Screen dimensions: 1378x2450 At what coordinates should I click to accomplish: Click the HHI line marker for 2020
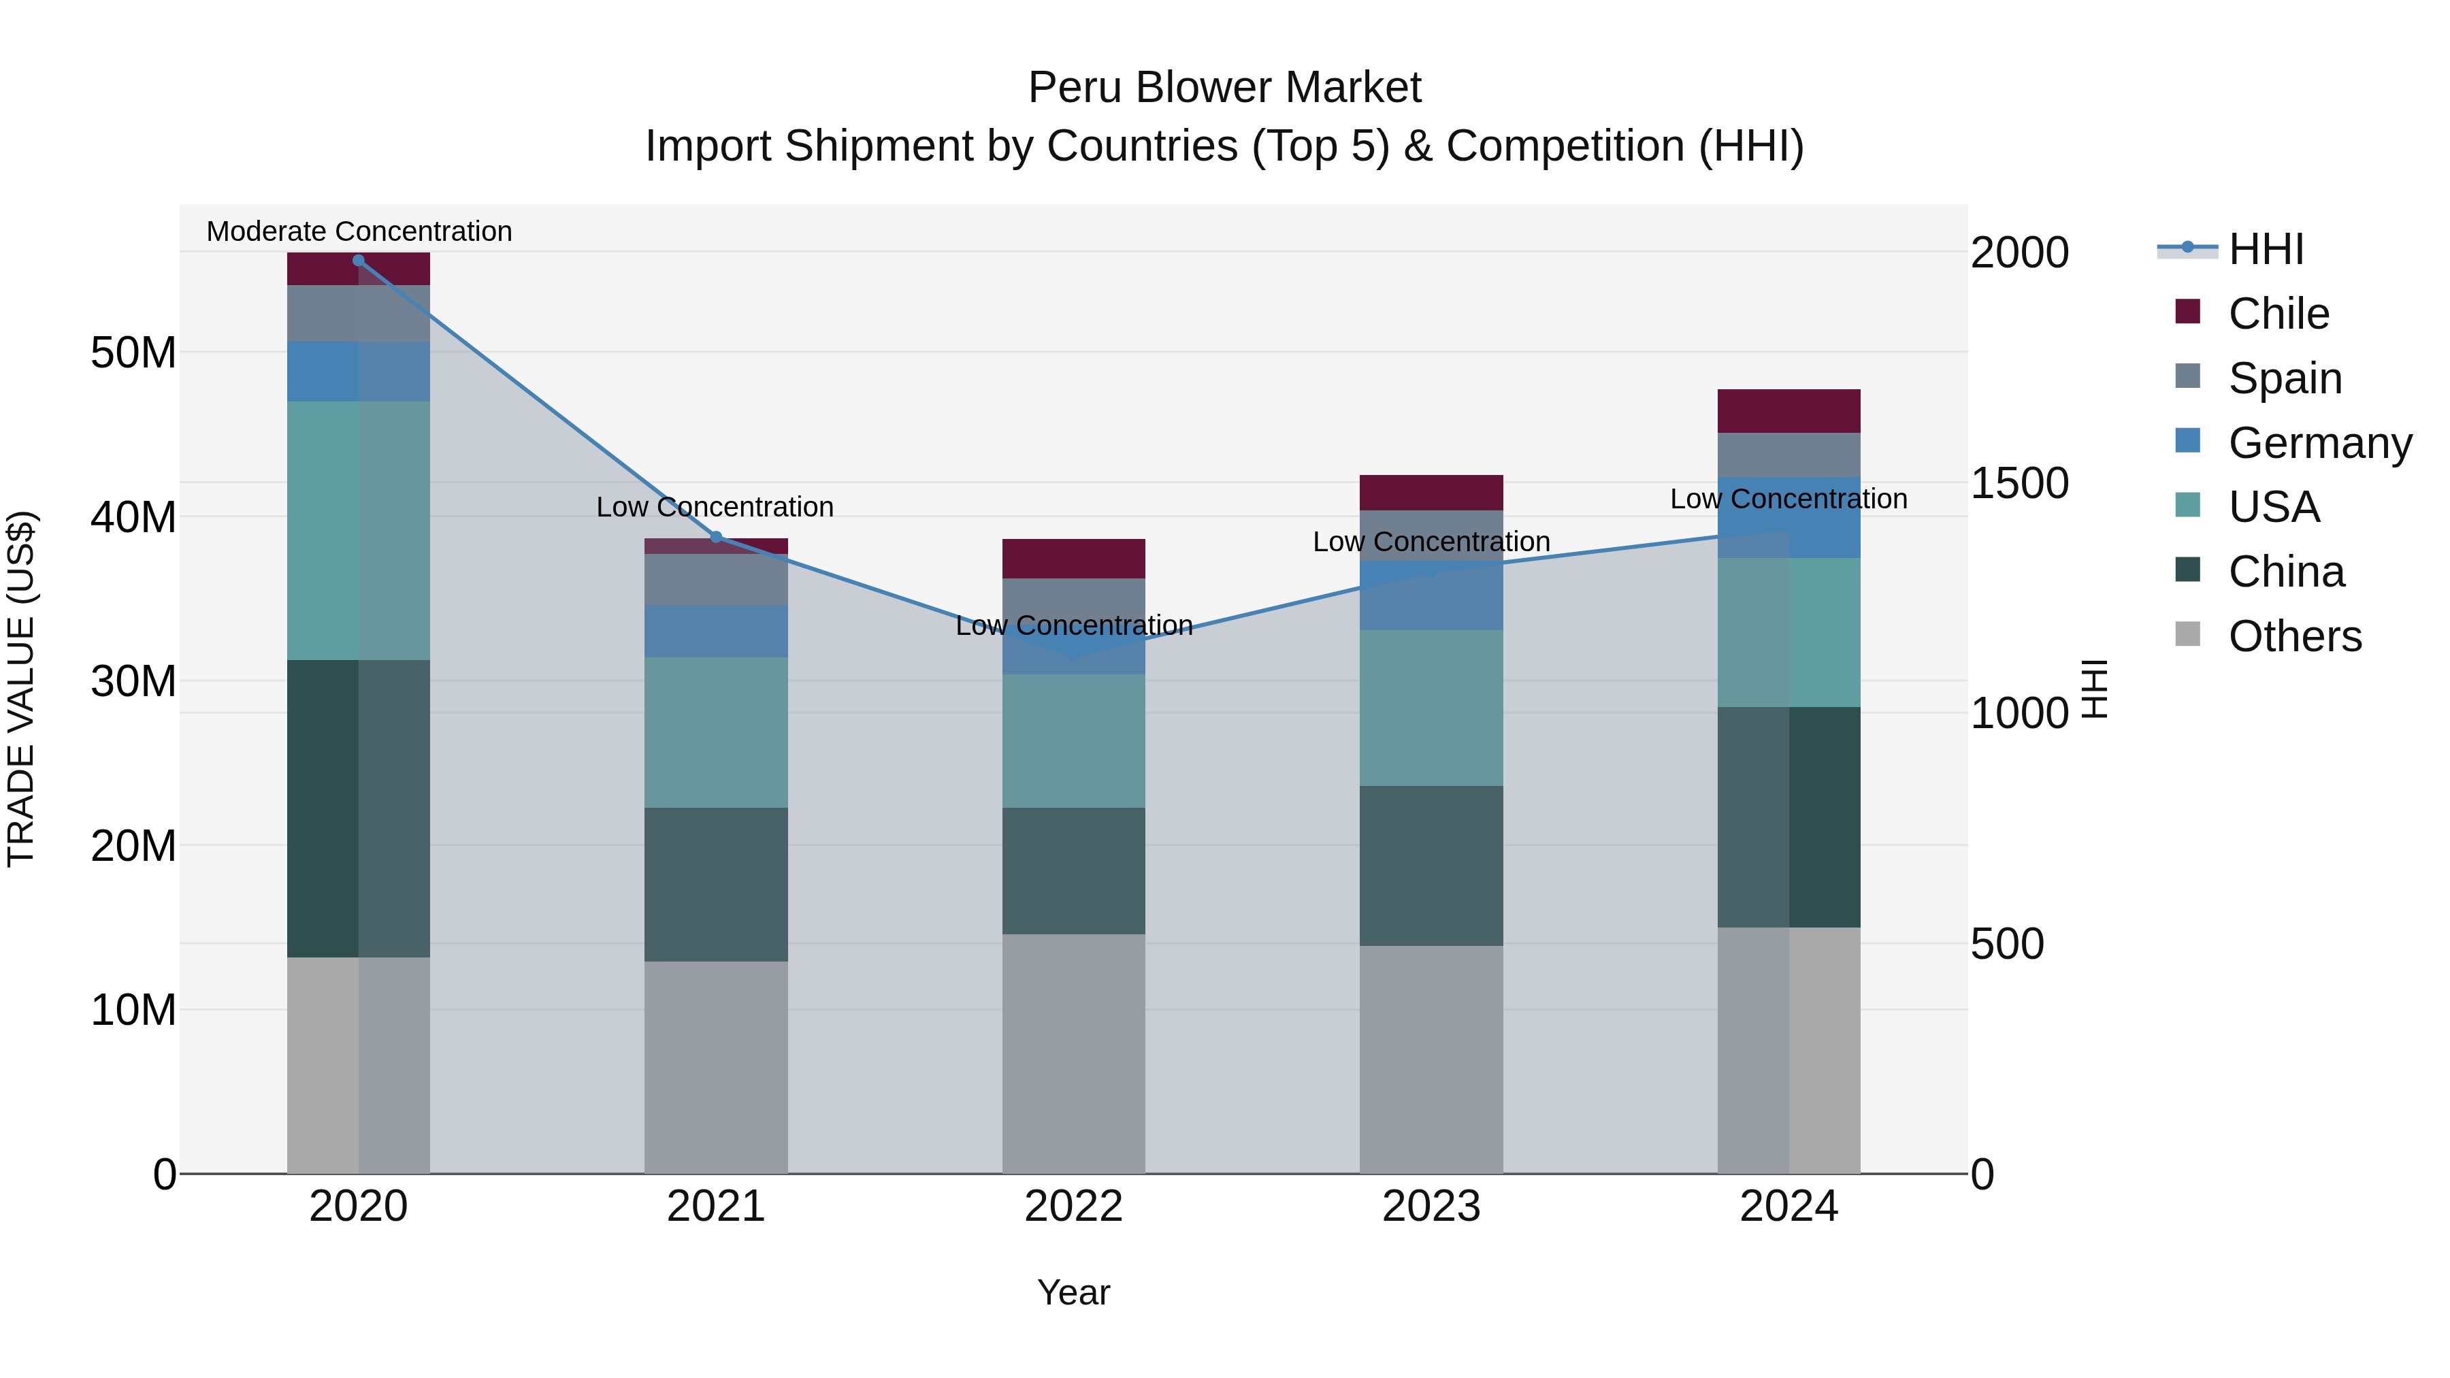(359, 261)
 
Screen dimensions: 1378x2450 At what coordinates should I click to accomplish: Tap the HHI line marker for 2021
(716, 538)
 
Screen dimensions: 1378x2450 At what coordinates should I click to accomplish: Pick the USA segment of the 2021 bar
(715, 732)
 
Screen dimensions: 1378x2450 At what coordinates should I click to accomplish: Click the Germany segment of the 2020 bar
(359, 372)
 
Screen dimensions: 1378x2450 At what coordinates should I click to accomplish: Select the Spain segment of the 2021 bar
(715, 579)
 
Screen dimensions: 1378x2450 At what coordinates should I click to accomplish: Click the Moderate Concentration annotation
(359, 231)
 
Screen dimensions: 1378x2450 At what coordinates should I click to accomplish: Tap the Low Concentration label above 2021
(715, 507)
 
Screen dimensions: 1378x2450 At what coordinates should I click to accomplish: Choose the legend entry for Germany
(2319, 443)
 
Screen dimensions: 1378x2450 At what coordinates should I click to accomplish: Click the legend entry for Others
(2294, 636)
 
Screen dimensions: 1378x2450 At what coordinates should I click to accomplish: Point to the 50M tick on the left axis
(133, 352)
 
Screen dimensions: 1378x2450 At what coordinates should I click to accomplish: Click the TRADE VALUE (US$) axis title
(21, 689)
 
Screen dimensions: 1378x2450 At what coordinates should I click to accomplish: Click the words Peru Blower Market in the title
(1224, 88)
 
